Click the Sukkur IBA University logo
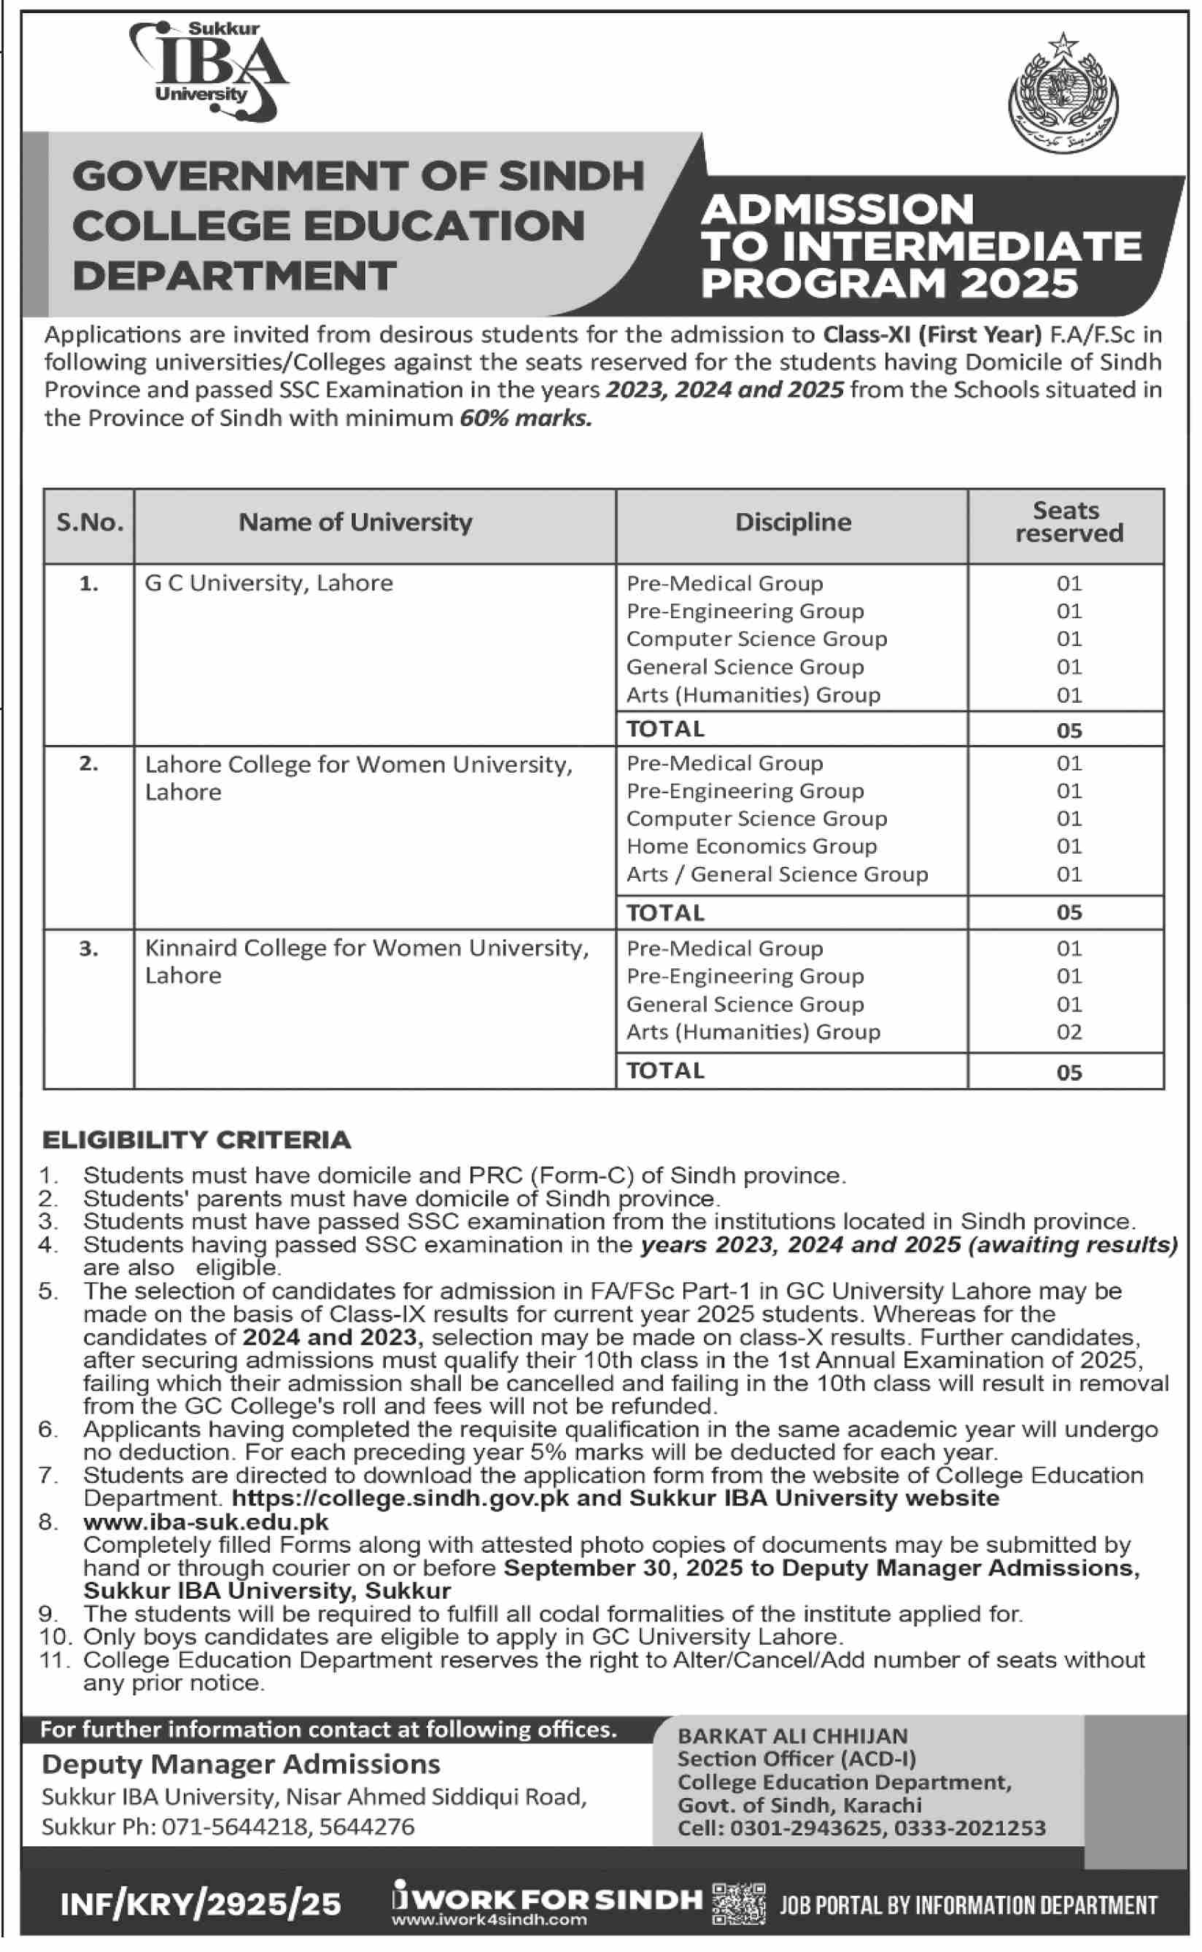(x=209, y=72)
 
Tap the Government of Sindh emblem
(x=1062, y=95)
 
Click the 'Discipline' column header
(x=793, y=522)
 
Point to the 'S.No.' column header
(x=90, y=522)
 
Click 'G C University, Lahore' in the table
(x=268, y=583)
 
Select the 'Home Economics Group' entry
(x=751, y=846)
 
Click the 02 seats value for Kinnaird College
(x=1069, y=1031)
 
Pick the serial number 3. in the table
(x=89, y=948)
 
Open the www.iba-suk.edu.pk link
(x=206, y=1522)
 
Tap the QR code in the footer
(x=739, y=1904)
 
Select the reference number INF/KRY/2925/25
(x=201, y=1905)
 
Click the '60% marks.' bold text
(x=525, y=418)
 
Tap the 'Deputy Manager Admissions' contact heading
(x=241, y=1764)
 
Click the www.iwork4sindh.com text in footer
(x=489, y=1919)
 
